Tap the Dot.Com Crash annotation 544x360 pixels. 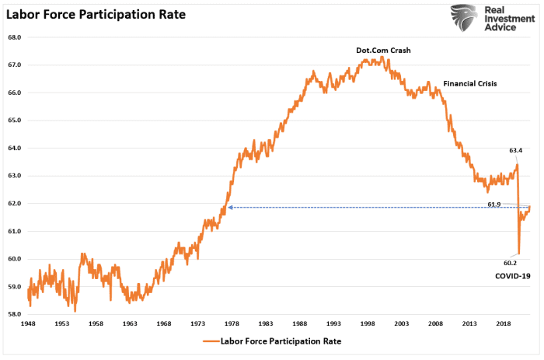point(383,51)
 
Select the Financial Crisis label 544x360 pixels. point(469,83)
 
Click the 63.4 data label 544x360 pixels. point(515,150)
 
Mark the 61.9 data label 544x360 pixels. point(494,204)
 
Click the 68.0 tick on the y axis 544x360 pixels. point(14,37)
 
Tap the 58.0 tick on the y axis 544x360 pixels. point(14,315)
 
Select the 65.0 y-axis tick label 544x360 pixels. point(14,121)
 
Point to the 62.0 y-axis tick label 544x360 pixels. point(14,204)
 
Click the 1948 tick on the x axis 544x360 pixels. point(28,322)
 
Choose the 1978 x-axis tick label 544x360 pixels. point(232,322)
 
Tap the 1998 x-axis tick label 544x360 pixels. point(368,322)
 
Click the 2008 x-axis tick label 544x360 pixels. point(435,322)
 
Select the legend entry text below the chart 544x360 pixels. point(281,341)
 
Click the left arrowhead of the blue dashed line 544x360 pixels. point(229,208)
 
